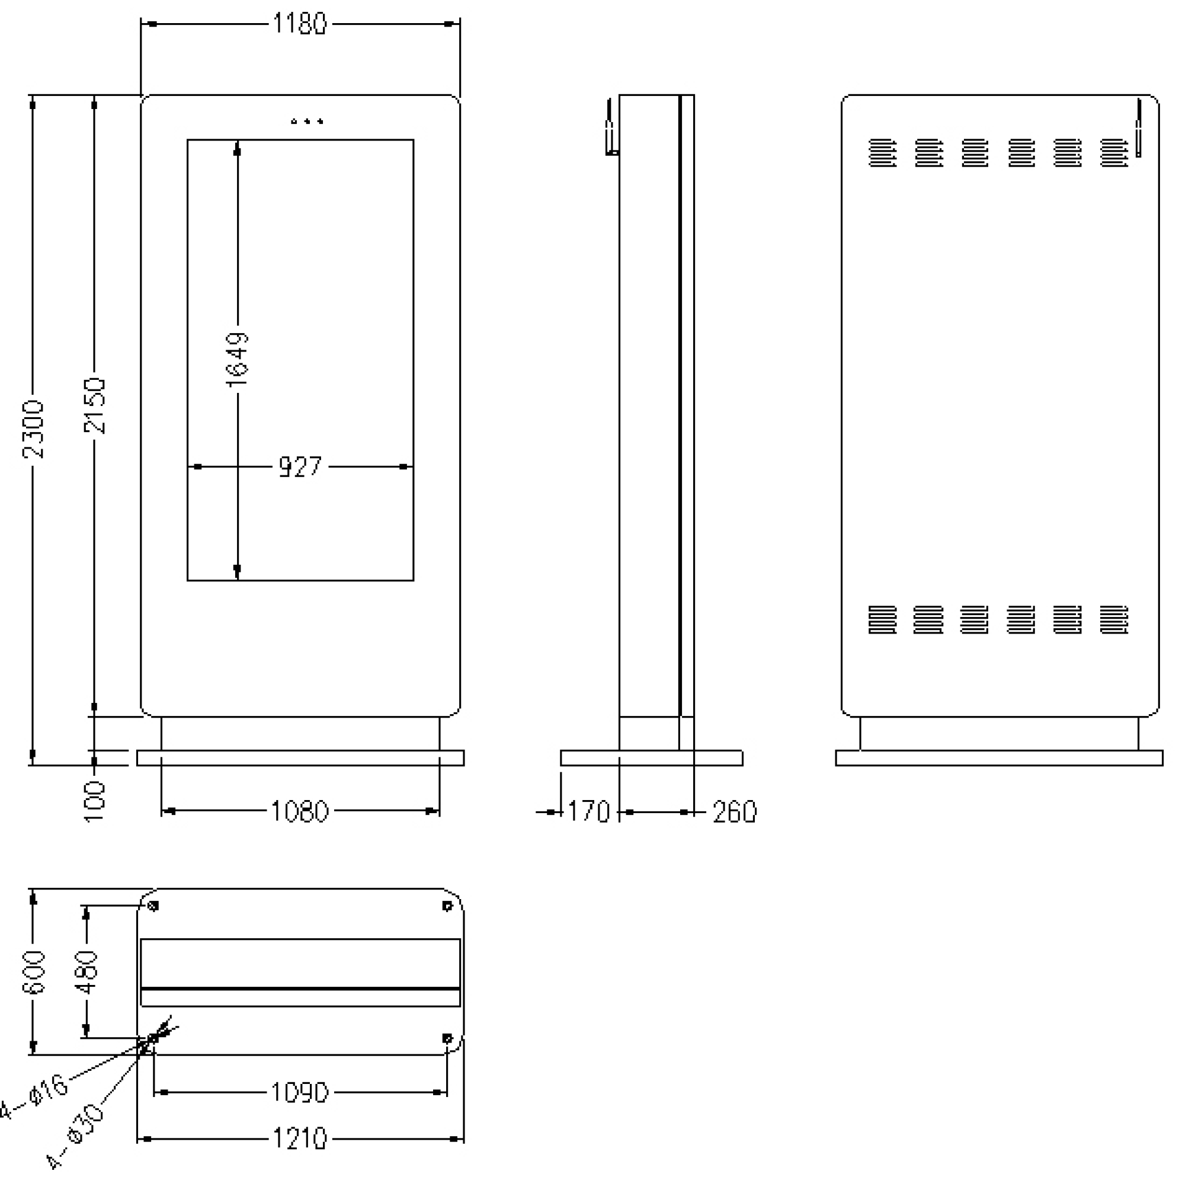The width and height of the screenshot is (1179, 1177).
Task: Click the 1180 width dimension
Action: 300,24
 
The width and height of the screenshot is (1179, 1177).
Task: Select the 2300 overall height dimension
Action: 33,429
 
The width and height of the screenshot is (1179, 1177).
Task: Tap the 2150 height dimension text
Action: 95,406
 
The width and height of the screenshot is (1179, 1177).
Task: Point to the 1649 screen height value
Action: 237,360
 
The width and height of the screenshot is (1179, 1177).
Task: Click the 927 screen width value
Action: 300,466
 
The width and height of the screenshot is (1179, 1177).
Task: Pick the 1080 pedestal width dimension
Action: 300,811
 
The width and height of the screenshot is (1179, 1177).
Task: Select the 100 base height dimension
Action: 95,801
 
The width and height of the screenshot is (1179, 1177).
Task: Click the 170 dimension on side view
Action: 588,812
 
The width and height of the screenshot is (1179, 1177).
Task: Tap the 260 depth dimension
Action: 735,812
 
